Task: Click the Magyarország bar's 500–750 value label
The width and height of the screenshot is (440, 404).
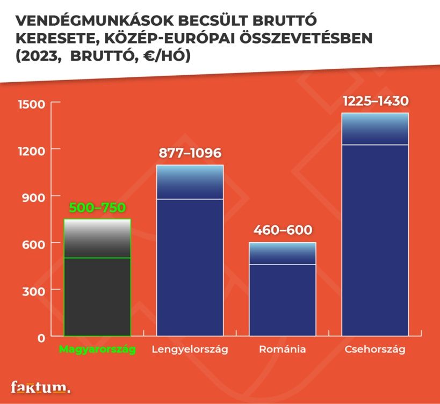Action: tap(97, 208)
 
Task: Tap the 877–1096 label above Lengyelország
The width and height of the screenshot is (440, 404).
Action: tap(190, 153)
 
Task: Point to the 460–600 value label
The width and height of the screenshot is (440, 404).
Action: tap(282, 230)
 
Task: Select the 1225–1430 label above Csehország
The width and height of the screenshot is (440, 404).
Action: tap(375, 101)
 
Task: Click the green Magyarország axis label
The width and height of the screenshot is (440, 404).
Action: tap(97, 349)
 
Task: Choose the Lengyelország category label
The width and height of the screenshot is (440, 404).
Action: tap(190, 349)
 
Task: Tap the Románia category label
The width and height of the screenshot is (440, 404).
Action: tap(282, 349)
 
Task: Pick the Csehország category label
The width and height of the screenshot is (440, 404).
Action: tap(375, 349)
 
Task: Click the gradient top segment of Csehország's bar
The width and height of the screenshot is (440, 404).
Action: tap(375, 129)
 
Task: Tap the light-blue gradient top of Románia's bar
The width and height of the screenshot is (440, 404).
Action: tap(282, 253)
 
